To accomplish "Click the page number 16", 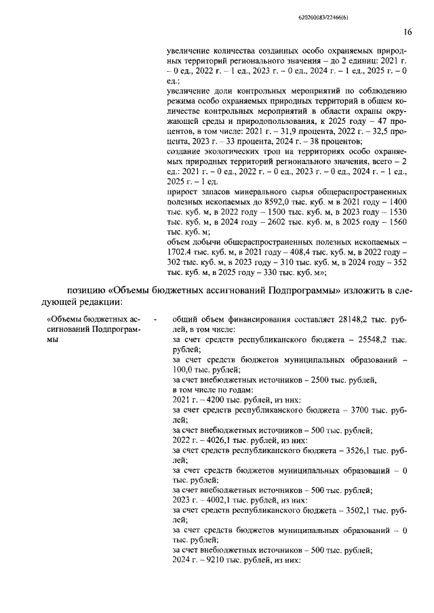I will pyautogui.click(x=408, y=31).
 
